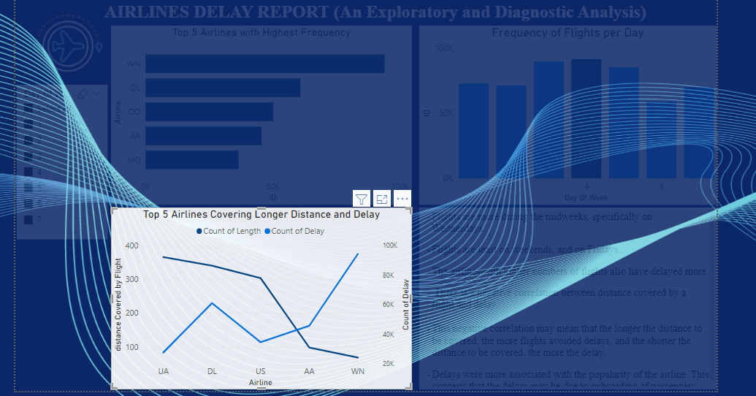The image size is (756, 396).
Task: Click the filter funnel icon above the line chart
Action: point(362,199)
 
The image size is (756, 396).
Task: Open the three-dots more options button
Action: point(402,199)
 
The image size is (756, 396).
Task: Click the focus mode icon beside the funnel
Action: point(382,199)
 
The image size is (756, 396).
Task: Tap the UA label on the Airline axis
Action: point(163,371)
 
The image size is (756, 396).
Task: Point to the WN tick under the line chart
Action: point(358,371)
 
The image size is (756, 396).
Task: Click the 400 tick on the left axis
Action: point(131,245)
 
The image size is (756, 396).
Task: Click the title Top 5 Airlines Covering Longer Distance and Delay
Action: point(261,215)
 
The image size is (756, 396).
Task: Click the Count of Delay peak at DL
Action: point(212,303)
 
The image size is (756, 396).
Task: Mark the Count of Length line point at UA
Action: point(163,257)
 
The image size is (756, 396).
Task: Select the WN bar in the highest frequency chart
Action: point(264,64)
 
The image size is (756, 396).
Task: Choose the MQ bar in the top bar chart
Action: point(191,159)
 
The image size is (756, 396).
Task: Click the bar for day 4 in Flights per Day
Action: point(586,118)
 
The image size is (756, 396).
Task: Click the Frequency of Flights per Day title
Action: point(567,33)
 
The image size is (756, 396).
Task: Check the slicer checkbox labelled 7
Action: point(29,219)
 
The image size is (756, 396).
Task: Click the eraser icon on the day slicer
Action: point(83,94)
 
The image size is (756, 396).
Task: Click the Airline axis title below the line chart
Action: point(260,382)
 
